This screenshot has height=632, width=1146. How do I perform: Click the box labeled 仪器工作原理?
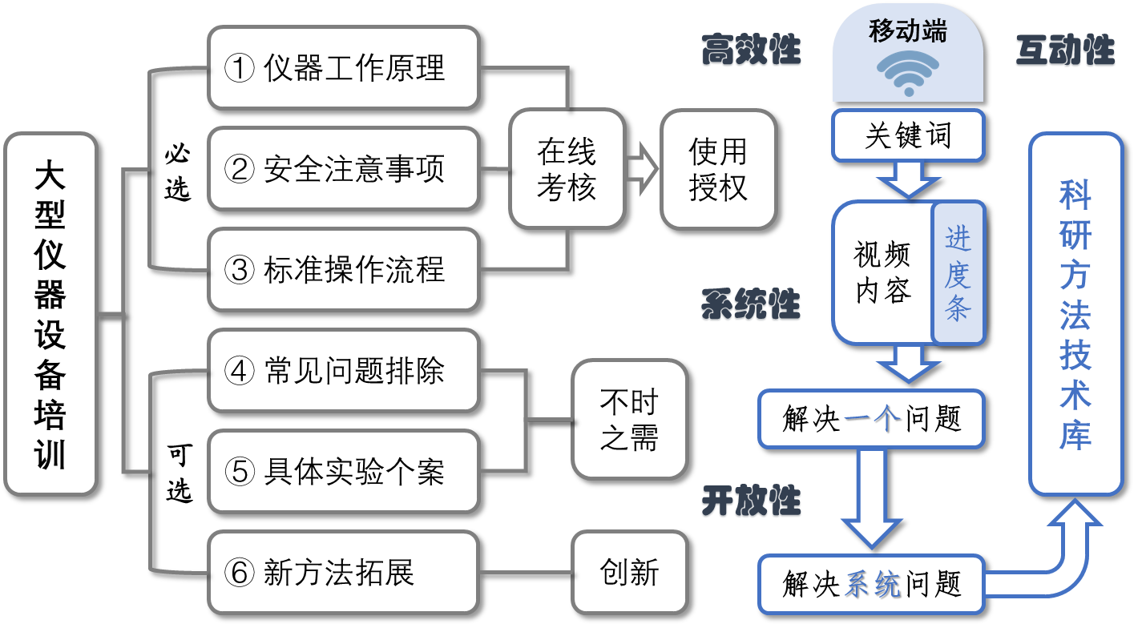pos(344,68)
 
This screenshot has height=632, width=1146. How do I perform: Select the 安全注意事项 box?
pos(344,169)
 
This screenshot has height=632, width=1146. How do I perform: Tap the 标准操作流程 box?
pos(344,270)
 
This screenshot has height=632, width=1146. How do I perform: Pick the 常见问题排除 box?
pos(344,371)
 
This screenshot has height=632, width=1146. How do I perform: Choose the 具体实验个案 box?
pos(344,472)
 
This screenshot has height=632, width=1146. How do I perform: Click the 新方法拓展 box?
pos(344,573)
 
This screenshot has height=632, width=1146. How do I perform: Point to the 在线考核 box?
pos(567,169)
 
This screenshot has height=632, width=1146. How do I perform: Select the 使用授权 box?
pos(718,169)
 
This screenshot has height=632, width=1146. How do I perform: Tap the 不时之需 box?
pos(629,421)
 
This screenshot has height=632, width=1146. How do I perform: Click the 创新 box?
pos(629,573)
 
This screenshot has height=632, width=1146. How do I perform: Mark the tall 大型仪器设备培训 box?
pos(50,314)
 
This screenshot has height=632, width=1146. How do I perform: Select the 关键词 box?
pos(907,135)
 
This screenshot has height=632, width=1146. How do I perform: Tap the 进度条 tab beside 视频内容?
pos(958,273)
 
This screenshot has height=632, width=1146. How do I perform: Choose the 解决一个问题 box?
pos(871,419)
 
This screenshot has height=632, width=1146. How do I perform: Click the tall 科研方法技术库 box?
pos(1075,314)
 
